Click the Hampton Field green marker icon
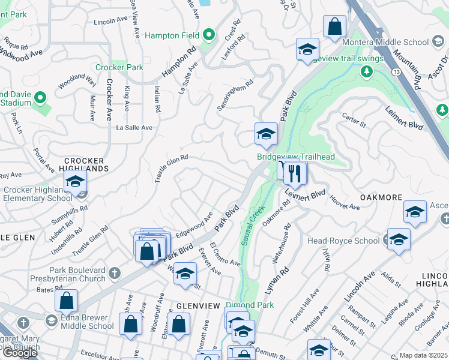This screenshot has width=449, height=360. click(x=209, y=35)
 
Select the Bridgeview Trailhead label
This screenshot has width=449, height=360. click(x=295, y=157)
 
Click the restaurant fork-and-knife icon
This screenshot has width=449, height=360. click(x=294, y=173)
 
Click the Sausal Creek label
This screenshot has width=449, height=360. click(x=253, y=225)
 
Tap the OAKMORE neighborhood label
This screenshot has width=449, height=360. click(x=380, y=197)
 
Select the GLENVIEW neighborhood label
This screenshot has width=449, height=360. click(x=198, y=305)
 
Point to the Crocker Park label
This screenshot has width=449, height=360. click(x=123, y=67)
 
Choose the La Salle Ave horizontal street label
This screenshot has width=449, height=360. click(x=134, y=128)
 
